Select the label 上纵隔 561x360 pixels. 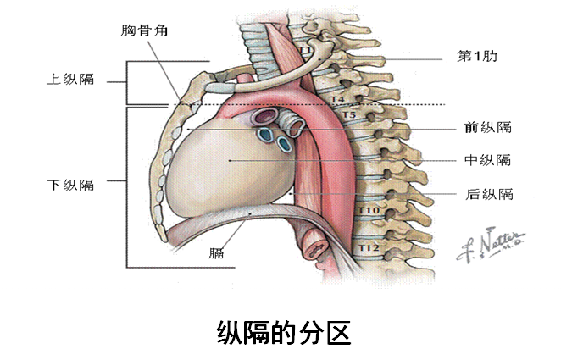(69, 80)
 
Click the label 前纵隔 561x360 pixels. (488, 128)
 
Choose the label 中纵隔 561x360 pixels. (488, 160)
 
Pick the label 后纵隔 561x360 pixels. (489, 193)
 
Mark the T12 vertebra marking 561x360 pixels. (368, 246)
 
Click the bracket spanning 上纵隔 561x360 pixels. (127, 81)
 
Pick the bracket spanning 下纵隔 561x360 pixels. (127, 186)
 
